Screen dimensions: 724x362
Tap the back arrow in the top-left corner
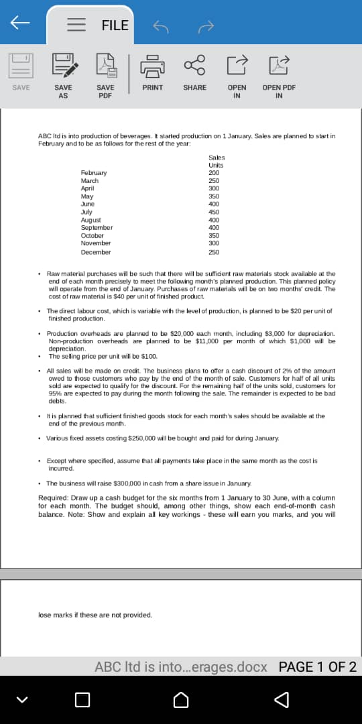pos(19,23)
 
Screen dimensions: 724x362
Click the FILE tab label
pos(115,25)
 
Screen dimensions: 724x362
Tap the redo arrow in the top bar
pos(206,26)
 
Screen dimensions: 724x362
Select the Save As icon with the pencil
pos(64,64)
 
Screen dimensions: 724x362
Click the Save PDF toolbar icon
pos(105,64)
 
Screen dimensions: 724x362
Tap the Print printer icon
pos(152,64)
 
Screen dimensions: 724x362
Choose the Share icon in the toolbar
pos(194,64)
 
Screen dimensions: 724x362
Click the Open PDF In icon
pos(279,64)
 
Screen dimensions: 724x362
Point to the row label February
pos(94,173)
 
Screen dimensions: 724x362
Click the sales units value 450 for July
pos(214,213)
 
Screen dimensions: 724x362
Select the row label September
pos(97,228)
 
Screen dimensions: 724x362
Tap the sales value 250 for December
pos(214,252)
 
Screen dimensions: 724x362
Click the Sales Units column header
pos(216,161)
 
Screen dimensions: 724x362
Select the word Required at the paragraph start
pos(54,497)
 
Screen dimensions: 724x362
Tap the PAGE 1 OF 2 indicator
pos(317,667)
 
